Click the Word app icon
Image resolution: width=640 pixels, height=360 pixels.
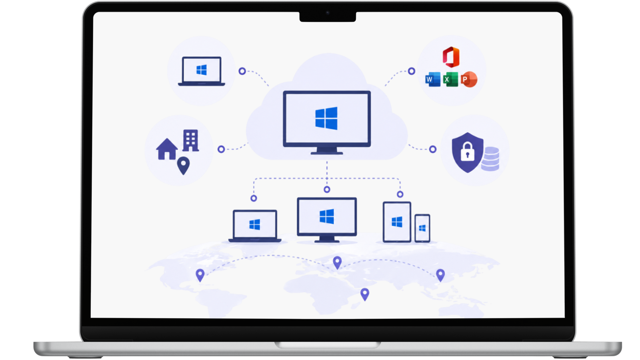tap(433, 79)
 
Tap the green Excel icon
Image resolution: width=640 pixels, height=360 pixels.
tap(450, 79)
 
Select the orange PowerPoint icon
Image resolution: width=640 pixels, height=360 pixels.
tap(469, 79)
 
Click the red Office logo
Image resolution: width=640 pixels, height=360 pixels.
tap(451, 57)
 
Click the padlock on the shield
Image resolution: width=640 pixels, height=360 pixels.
tap(468, 152)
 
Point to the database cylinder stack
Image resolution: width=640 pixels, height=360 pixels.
tap(490, 159)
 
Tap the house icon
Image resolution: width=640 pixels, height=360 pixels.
tap(167, 149)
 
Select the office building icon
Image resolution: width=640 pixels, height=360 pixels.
tap(190, 140)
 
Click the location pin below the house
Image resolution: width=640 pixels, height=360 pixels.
tap(184, 166)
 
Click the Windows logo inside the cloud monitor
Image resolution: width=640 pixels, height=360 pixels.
tap(326, 118)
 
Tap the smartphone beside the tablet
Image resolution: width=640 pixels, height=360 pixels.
tap(422, 228)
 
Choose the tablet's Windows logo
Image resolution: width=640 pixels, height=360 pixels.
tap(397, 222)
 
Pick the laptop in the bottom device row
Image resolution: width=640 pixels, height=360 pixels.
tap(255, 226)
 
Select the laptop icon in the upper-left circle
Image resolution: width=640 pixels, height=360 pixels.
tap(202, 71)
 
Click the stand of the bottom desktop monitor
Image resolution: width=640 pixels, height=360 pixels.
tap(327, 240)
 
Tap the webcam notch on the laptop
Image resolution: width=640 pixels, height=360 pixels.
tap(328, 16)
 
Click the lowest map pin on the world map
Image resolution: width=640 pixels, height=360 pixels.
tap(365, 294)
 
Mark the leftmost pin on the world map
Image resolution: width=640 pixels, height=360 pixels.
tap(200, 275)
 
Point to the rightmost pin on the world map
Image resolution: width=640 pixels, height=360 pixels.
tap(440, 275)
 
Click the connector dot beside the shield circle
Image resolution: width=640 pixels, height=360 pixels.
tap(433, 149)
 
